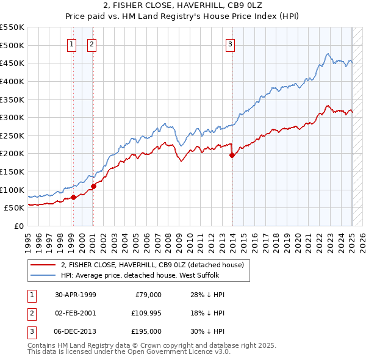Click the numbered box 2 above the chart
pyautogui.click(x=91, y=44)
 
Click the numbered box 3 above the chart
pyautogui.click(x=231, y=44)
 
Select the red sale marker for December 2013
pyautogui.click(x=232, y=155)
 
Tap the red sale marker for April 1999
pyautogui.click(x=73, y=197)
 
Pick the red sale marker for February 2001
pyautogui.click(x=93, y=186)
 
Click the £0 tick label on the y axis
pyautogui.click(x=19, y=226)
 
